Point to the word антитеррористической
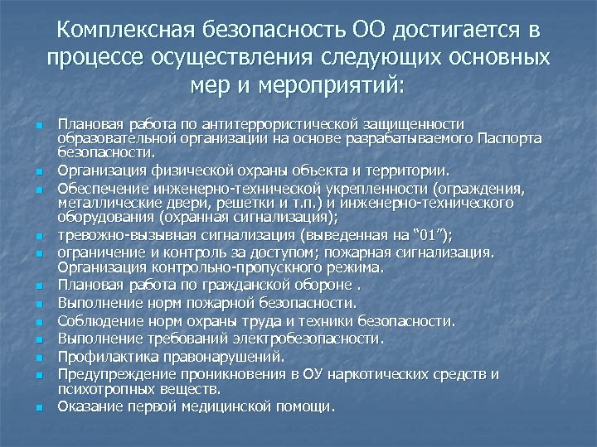(269, 123)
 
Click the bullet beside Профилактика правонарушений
(38, 358)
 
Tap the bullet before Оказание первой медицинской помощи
(38, 406)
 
